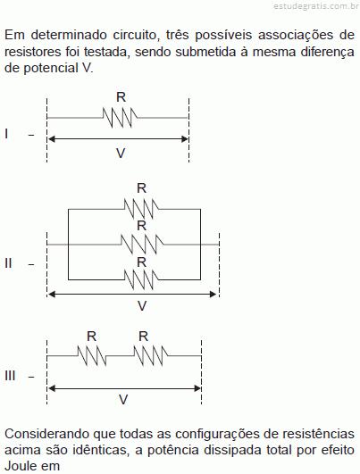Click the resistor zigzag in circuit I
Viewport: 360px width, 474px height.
[120, 117]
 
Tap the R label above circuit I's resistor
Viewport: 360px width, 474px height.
[121, 97]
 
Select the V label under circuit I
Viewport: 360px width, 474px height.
[121, 154]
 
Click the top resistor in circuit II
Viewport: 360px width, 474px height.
[141, 209]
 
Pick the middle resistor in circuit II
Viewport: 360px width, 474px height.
[142, 244]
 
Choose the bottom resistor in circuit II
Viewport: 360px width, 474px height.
[141, 279]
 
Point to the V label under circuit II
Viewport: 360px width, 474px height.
[142, 306]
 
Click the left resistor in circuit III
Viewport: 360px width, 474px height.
[92, 356]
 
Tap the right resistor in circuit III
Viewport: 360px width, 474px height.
[150, 356]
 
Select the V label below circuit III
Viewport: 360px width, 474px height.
[123, 400]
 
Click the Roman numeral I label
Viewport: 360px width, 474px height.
[6, 133]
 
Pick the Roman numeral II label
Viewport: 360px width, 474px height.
[8, 263]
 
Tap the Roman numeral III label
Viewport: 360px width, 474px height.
[10, 376]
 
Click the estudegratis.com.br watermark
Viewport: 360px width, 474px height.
[316, 6]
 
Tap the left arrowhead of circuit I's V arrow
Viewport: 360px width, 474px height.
[52, 139]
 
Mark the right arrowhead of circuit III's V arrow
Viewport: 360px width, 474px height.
[197, 388]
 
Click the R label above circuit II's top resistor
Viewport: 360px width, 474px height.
[141, 188]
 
